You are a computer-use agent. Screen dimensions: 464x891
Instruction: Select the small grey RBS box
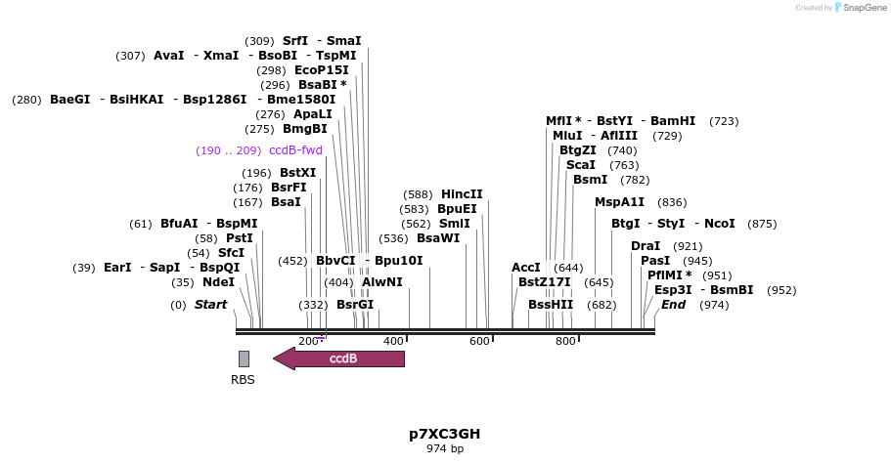click(x=244, y=359)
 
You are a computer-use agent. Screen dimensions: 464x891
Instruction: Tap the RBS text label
click(x=243, y=380)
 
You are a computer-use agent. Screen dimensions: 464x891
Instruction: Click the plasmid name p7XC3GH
click(x=444, y=434)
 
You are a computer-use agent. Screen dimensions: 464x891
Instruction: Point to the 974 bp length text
click(x=444, y=449)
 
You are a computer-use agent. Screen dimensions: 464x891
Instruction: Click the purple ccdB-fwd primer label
click(x=295, y=150)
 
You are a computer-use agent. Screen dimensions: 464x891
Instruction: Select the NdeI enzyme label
click(x=218, y=282)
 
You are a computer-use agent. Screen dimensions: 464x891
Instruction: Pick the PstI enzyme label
click(x=240, y=237)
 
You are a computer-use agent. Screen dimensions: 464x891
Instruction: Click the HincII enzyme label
click(x=462, y=194)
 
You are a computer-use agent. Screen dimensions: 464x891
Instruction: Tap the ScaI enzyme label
click(x=581, y=165)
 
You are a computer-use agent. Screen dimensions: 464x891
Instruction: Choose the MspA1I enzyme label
click(x=619, y=202)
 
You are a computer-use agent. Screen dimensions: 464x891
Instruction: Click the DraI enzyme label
click(x=646, y=246)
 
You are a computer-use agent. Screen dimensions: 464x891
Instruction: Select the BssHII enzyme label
click(x=551, y=305)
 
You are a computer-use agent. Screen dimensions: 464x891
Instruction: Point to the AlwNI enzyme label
click(x=381, y=282)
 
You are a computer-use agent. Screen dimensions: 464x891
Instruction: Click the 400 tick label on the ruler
click(x=393, y=341)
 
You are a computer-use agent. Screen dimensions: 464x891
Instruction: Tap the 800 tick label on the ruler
click(x=565, y=341)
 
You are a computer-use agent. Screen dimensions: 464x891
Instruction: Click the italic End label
click(x=673, y=305)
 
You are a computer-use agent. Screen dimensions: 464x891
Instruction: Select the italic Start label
click(x=210, y=305)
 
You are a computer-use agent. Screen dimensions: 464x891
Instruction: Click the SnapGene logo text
click(x=859, y=8)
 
